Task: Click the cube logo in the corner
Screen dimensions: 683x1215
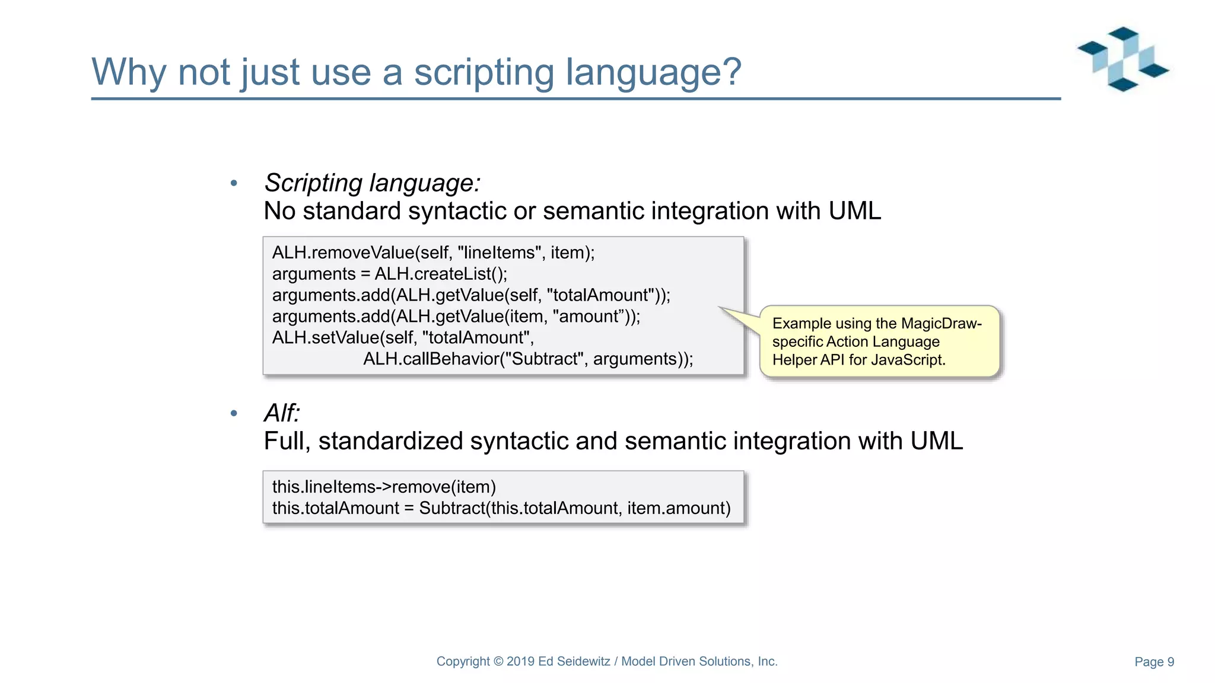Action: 1123,59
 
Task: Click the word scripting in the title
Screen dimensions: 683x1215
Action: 484,72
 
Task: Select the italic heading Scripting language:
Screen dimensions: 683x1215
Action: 372,183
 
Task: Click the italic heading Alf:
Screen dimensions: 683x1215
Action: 282,413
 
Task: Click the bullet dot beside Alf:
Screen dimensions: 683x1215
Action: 234,413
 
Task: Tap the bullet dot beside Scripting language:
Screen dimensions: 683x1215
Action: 234,183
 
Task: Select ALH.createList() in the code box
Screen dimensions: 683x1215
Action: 440,274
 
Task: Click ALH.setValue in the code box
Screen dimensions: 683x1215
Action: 326,338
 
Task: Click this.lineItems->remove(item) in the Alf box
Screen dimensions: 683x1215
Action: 384,487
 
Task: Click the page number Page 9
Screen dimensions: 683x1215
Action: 1154,662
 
